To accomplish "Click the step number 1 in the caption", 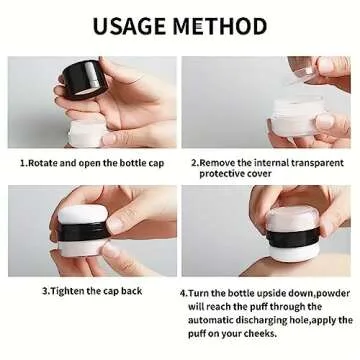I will [22, 161].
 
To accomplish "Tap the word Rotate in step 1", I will [44, 161].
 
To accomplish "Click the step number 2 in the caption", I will [193, 161].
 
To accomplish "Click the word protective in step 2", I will [223, 173].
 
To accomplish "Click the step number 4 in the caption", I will [183, 292].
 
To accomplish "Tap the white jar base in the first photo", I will [85, 128].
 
